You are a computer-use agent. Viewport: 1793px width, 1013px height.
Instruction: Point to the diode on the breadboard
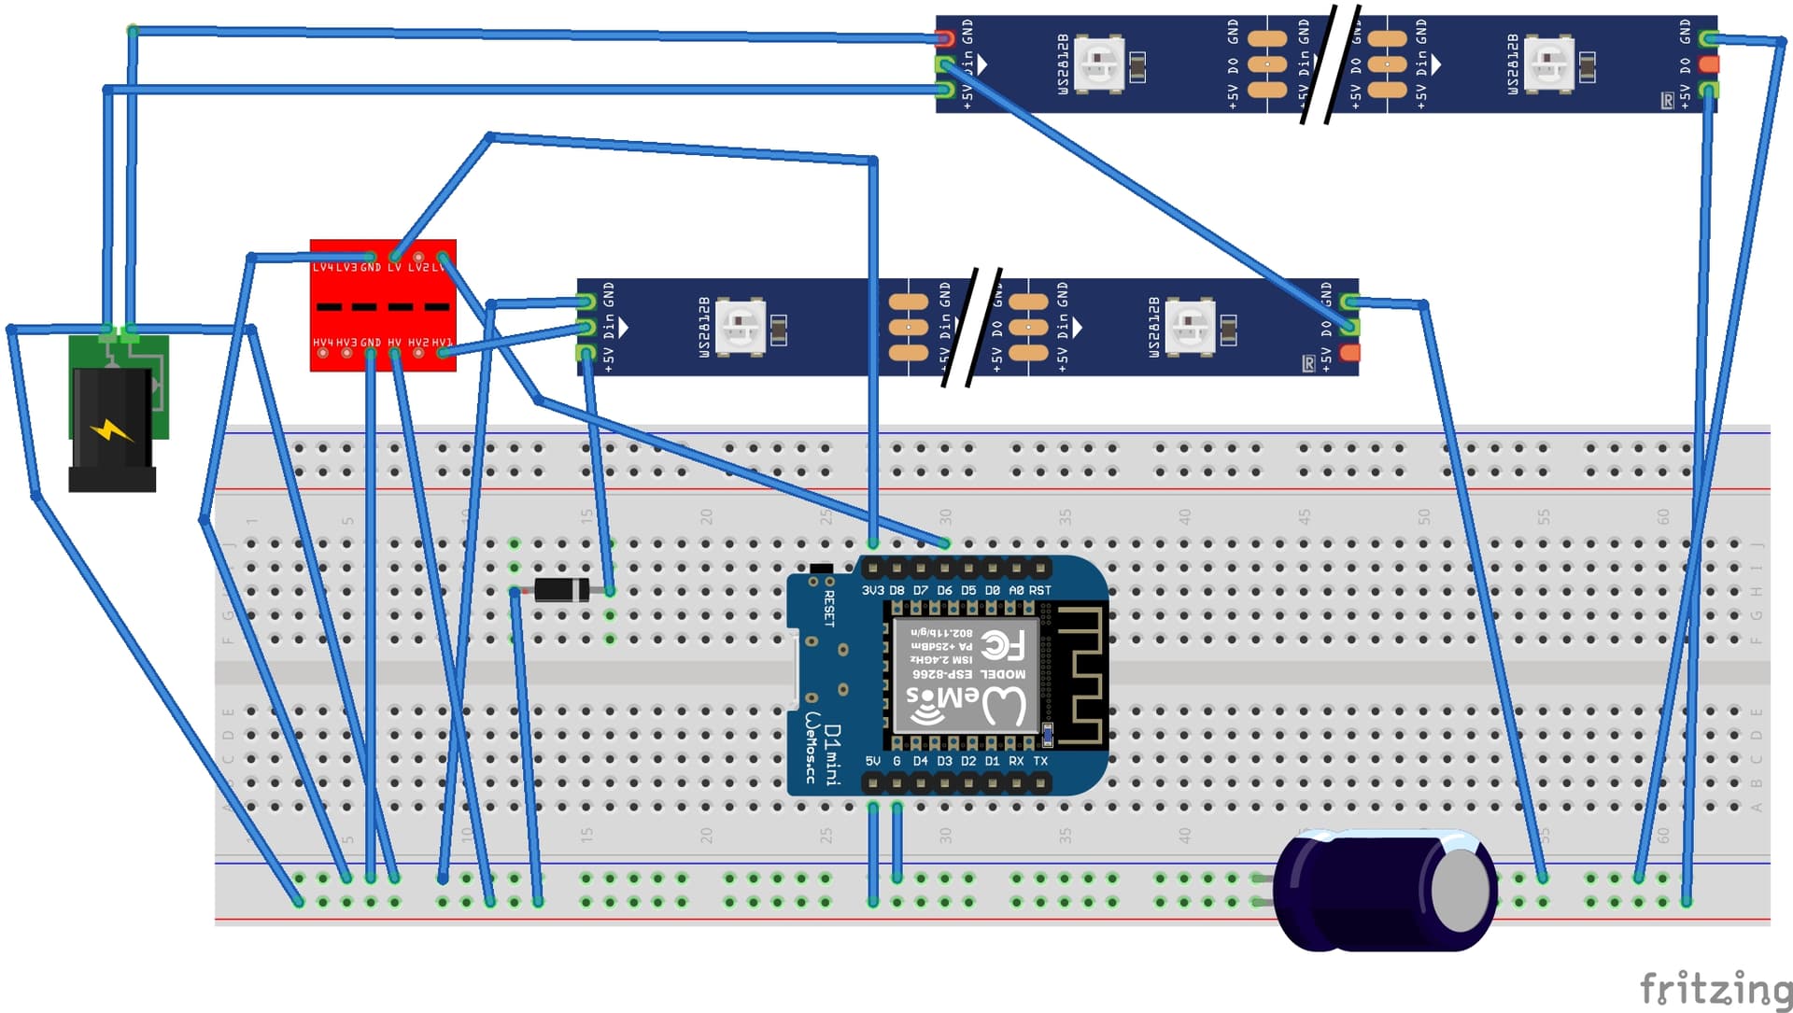(x=561, y=590)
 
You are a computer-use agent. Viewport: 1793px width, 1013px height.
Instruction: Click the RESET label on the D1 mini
(x=829, y=608)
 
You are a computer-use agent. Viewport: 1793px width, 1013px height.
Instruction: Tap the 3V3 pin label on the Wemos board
(x=872, y=590)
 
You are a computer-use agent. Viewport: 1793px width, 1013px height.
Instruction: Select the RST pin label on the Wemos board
(x=1040, y=590)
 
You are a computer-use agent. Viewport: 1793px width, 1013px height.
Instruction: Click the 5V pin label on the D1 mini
(x=872, y=761)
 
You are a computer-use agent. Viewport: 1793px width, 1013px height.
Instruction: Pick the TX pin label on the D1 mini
(x=1040, y=761)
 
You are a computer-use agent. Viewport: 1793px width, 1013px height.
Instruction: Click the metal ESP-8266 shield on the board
(x=966, y=674)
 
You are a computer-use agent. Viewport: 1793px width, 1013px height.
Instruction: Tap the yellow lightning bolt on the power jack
(x=112, y=430)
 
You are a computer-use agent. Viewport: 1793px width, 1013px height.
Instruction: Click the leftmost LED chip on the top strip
(x=1098, y=63)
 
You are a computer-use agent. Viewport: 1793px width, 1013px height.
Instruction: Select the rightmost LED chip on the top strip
(x=1549, y=63)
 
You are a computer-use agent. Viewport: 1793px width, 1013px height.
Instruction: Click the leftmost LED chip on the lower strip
(x=741, y=327)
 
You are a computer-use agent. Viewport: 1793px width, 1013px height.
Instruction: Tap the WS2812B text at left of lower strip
(x=704, y=327)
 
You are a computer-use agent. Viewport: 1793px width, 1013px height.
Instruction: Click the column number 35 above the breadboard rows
(x=1065, y=515)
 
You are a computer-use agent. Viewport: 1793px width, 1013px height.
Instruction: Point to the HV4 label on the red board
(x=322, y=343)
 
